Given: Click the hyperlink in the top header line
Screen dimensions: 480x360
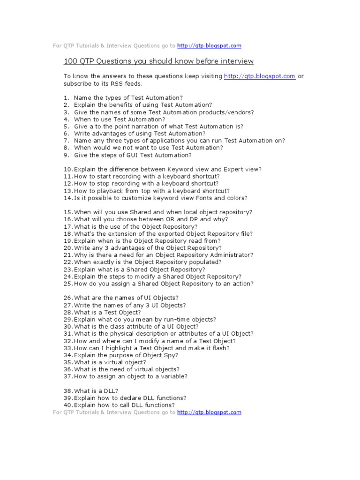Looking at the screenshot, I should (209, 46).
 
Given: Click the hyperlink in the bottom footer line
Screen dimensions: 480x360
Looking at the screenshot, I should (209, 412).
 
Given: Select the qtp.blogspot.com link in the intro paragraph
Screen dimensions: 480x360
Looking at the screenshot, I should (260, 76).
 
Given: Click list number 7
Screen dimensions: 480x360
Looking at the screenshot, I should (67, 141).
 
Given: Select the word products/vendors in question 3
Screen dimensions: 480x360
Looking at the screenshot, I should (223, 112).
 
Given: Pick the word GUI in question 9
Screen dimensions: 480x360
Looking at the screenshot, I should (125, 155).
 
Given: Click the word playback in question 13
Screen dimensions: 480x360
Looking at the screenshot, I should (100, 191).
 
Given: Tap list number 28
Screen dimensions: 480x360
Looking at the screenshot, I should (67, 312).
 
